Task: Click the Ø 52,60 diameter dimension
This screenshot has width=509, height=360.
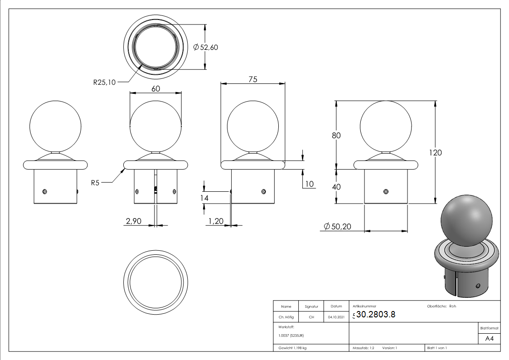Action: click(206, 47)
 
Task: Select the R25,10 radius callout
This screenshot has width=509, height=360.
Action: click(104, 82)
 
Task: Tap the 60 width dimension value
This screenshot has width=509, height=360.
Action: click(155, 89)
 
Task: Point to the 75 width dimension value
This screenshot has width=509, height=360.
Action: click(252, 79)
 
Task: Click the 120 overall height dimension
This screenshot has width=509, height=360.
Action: click(435, 152)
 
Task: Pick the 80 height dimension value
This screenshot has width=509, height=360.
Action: click(336, 135)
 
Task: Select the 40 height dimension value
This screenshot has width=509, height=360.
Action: click(336, 186)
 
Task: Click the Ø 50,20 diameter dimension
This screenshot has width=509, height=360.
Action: click(337, 227)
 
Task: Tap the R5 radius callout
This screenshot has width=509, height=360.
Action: click(95, 183)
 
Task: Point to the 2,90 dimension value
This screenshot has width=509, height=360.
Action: click(133, 221)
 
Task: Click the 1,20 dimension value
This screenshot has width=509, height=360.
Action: click(215, 221)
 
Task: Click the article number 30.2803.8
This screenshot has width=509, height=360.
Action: click(376, 315)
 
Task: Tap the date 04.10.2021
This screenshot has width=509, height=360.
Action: click(336, 317)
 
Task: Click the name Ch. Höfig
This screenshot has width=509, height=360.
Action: click(286, 317)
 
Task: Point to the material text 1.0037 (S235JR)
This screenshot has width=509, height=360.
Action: click(291, 335)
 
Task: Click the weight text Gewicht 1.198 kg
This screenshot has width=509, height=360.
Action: click(293, 348)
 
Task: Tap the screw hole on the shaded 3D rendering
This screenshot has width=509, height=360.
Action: click(478, 285)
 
